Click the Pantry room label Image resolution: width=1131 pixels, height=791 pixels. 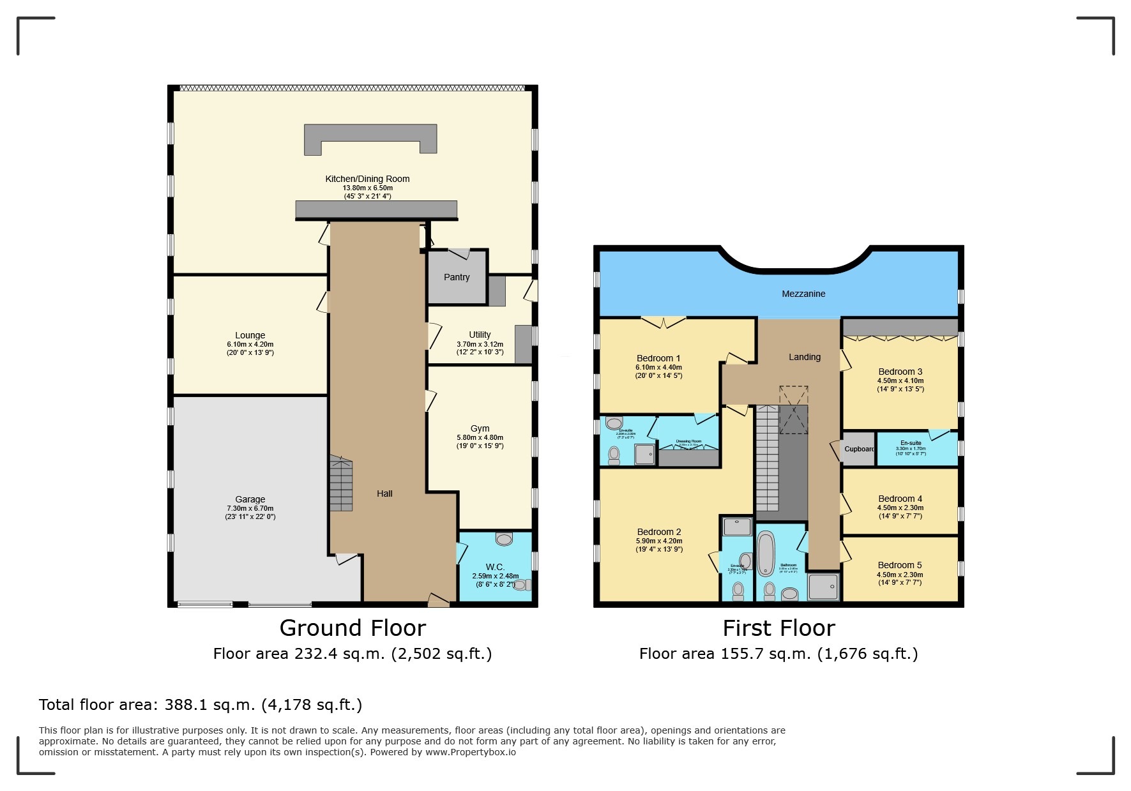click(457, 277)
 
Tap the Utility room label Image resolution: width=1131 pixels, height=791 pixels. click(480, 335)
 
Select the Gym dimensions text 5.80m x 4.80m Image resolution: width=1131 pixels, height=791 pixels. click(480, 437)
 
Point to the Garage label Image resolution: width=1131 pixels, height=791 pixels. click(250, 499)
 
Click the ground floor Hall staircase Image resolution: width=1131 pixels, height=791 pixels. click(341, 483)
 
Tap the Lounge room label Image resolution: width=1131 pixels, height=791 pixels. click(250, 335)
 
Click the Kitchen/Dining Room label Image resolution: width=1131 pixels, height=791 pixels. click(367, 179)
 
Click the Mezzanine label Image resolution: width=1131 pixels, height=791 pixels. click(803, 294)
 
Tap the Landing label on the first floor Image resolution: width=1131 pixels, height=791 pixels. click(804, 357)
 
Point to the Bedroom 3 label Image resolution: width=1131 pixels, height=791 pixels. click(900, 372)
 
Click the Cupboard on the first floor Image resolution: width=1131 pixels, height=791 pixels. click(858, 449)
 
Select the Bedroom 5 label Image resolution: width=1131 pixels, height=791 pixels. click(899, 565)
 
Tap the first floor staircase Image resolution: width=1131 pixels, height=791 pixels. click(767, 458)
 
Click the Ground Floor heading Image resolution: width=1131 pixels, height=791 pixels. click(353, 628)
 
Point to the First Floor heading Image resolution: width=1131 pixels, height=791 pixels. click(778, 628)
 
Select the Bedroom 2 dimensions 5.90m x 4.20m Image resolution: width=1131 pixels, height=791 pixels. click(659, 541)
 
